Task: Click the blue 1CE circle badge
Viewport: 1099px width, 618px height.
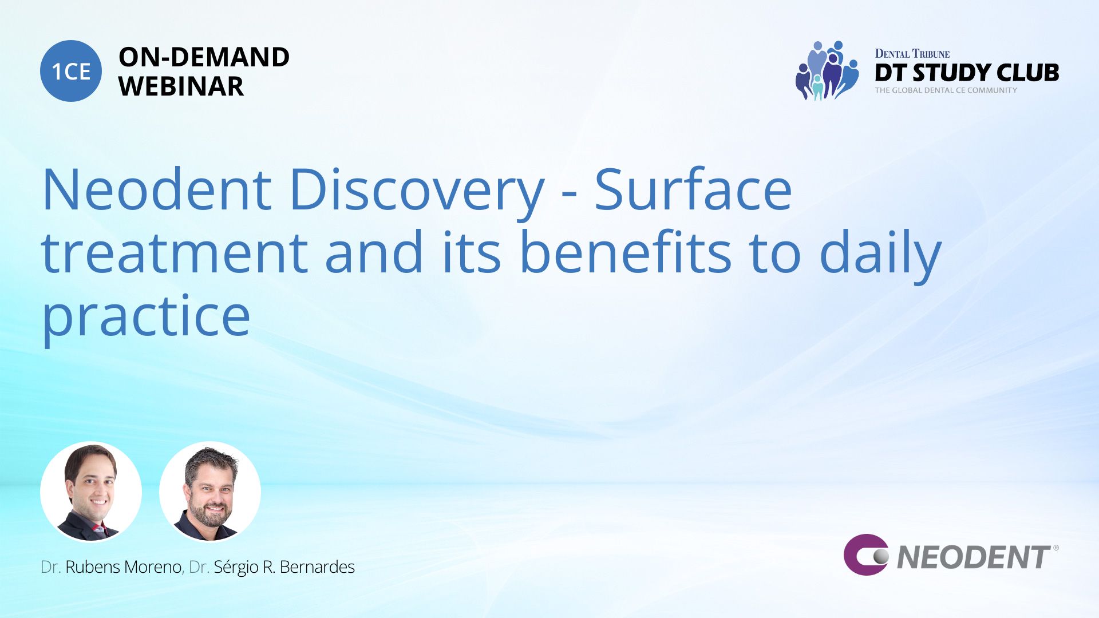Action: [x=71, y=71]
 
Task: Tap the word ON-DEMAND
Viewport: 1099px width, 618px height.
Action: [x=204, y=57]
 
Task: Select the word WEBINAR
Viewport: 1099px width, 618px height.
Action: [x=181, y=86]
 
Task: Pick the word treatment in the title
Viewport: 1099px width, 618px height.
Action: [x=175, y=253]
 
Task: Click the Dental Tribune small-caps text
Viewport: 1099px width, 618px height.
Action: [x=912, y=54]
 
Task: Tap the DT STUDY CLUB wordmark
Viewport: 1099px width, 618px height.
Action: [x=967, y=73]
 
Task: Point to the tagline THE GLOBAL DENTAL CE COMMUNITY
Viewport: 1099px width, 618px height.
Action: [x=946, y=90]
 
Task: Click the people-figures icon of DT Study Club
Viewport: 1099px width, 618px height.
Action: [x=827, y=70]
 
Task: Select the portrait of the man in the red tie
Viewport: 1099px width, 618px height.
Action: [x=91, y=492]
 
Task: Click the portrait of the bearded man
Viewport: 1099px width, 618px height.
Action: [x=210, y=492]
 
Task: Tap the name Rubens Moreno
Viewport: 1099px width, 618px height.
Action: [x=123, y=567]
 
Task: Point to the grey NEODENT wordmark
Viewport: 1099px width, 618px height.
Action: [x=974, y=557]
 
